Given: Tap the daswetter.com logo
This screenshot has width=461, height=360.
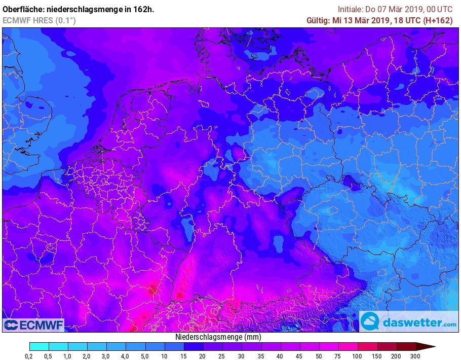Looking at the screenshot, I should tap(409, 322).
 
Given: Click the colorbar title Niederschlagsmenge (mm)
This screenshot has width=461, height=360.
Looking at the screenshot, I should tap(218, 337).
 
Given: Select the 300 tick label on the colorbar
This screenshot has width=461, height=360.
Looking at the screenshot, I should tap(416, 356).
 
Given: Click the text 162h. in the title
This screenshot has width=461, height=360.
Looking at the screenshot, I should tap(144, 9).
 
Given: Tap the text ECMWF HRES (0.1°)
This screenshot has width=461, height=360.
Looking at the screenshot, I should tap(39, 20).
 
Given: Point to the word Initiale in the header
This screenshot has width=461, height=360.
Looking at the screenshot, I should tap(350, 9).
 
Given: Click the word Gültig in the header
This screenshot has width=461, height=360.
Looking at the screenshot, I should tap(318, 20).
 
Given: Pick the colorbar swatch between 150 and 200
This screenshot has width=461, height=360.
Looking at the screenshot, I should tap(387, 347).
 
